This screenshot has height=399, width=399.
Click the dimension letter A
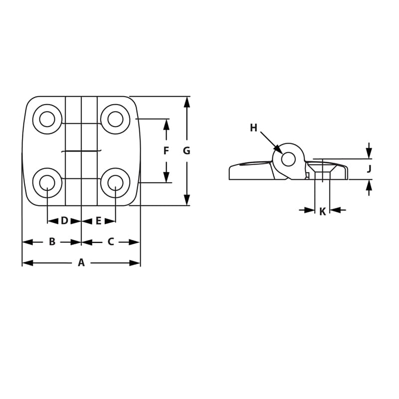81,263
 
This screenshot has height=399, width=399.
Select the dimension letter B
52,242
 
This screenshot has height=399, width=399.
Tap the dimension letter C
111,242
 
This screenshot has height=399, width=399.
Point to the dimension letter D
64,220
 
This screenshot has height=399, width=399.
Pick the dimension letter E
98,220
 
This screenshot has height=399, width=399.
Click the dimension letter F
166,151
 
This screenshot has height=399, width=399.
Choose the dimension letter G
187,151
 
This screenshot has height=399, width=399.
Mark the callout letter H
253,128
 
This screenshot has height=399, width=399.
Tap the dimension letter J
369,169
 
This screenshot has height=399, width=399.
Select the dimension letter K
322,211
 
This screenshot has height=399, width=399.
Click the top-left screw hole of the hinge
47,119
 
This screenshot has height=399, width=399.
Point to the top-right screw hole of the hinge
115,119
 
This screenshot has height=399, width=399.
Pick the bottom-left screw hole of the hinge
47,183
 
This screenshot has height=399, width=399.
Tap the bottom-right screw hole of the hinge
115,183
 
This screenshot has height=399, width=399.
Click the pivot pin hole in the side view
288,159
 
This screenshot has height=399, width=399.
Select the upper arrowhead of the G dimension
187,102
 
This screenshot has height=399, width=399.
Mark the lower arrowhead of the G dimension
187,200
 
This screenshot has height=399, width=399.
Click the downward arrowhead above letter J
369,153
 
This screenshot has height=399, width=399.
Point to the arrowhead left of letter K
310,210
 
